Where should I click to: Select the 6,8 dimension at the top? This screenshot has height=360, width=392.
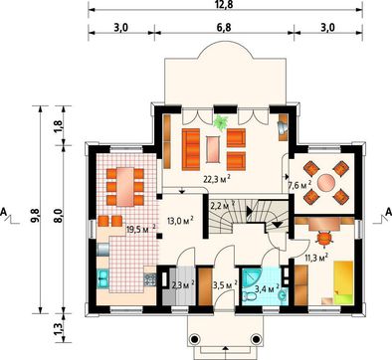click(224, 27)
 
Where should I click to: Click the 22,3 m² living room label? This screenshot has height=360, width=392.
click(217, 179)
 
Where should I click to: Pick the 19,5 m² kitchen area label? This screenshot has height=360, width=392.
click(141, 229)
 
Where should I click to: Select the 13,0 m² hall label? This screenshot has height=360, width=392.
click(179, 221)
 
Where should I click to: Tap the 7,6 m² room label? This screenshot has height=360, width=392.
click(299, 185)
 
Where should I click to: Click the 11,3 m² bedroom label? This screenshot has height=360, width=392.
click(316, 258)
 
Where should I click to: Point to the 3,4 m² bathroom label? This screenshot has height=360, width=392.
click(267, 288)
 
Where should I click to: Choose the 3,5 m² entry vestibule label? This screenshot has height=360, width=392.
click(225, 285)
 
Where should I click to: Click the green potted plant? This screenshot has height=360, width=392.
click(220, 123)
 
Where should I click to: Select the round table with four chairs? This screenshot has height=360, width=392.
click(326, 182)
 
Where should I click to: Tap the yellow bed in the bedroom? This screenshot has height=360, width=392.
click(342, 282)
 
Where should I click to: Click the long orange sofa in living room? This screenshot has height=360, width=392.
click(191, 149)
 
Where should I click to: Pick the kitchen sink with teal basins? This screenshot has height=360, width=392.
click(102, 277)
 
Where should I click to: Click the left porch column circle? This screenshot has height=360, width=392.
click(195, 339)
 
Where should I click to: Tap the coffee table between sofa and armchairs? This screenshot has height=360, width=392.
click(213, 149)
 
